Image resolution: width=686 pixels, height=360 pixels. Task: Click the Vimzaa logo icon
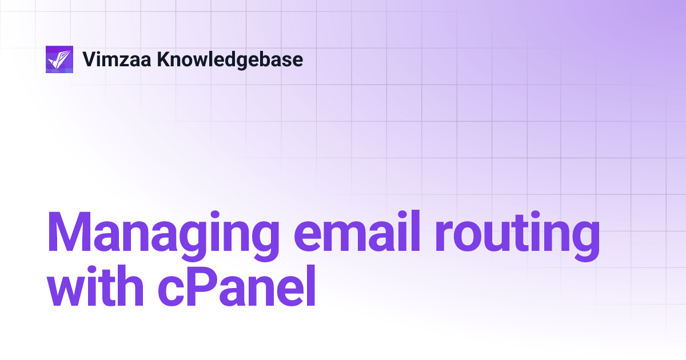59,59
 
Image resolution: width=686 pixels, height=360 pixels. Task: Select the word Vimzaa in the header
117,59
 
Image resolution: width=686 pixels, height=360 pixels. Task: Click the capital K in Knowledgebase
162,59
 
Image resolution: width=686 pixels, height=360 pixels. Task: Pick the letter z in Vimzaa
127,61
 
